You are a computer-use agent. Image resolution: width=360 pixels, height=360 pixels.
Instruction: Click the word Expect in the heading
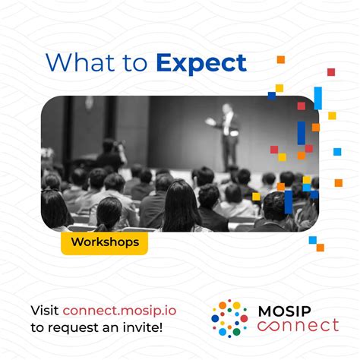201,63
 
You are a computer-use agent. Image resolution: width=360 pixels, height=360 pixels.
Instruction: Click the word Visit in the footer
44,310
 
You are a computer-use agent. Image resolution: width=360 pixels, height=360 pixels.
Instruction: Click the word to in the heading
137,63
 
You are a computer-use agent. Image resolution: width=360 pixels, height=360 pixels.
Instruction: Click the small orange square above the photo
280,59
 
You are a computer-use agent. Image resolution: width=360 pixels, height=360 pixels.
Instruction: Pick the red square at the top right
331,72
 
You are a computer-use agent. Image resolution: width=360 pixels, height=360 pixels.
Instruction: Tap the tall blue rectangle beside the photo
317,97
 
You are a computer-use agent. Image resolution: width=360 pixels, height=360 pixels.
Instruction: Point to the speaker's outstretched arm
212,122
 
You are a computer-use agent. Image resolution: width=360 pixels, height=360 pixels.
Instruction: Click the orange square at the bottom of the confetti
320,247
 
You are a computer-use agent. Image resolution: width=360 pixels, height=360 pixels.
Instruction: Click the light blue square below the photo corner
312,240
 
